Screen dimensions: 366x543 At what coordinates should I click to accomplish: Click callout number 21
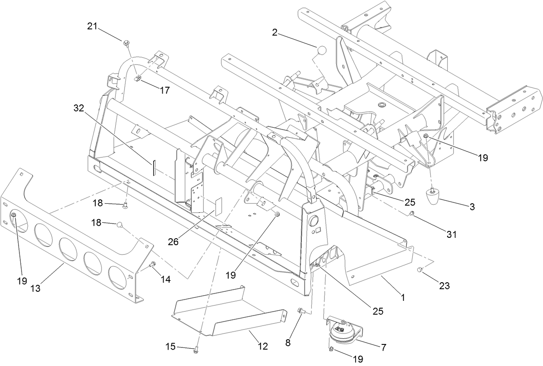coord(92,27)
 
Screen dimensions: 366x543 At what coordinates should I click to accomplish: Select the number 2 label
coord(275,32)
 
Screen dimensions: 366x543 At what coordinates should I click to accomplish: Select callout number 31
coord(451,234)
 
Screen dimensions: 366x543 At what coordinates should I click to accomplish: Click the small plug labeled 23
coord(419,270)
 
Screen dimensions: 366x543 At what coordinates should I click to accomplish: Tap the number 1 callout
coord(403,297)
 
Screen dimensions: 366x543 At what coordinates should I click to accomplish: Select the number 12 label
coord(262,346)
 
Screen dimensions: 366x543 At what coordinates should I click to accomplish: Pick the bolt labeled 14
coord(152,265)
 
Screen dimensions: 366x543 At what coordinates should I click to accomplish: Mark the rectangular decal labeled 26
coord(218,206)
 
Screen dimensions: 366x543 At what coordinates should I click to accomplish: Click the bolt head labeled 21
coord(126,42)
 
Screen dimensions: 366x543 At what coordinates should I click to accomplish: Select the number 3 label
coord(472,207)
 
